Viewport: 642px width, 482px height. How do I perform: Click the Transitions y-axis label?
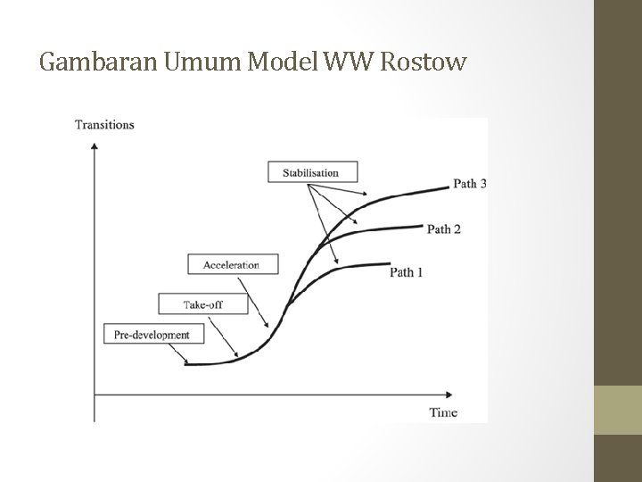click(104, 125)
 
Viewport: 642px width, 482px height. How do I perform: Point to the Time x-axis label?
click(443, 412)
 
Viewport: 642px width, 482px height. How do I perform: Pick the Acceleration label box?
click(231, 264)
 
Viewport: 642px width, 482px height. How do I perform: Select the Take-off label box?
click(202, 303)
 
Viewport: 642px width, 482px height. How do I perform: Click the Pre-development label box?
click(152, 335)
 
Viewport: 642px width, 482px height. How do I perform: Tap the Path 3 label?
click(469, 184)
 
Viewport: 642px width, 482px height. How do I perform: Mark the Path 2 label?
click(444, 229)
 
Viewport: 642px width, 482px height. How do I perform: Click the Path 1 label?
click(407, 272)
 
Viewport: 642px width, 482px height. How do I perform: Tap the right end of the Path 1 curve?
click(389, 264)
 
